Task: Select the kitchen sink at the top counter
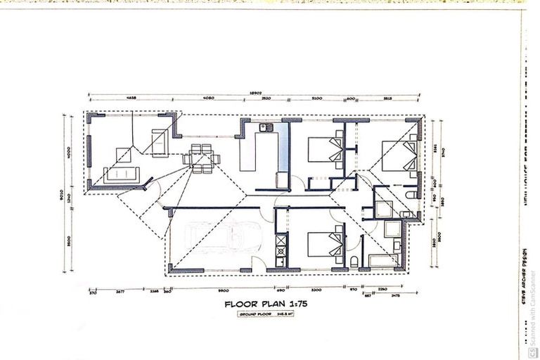click(x=265, y=128)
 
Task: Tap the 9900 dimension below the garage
click(x=223, y=290)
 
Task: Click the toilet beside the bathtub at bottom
click(x=354, y=262)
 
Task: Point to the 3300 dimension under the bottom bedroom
click(x=316, y=290)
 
